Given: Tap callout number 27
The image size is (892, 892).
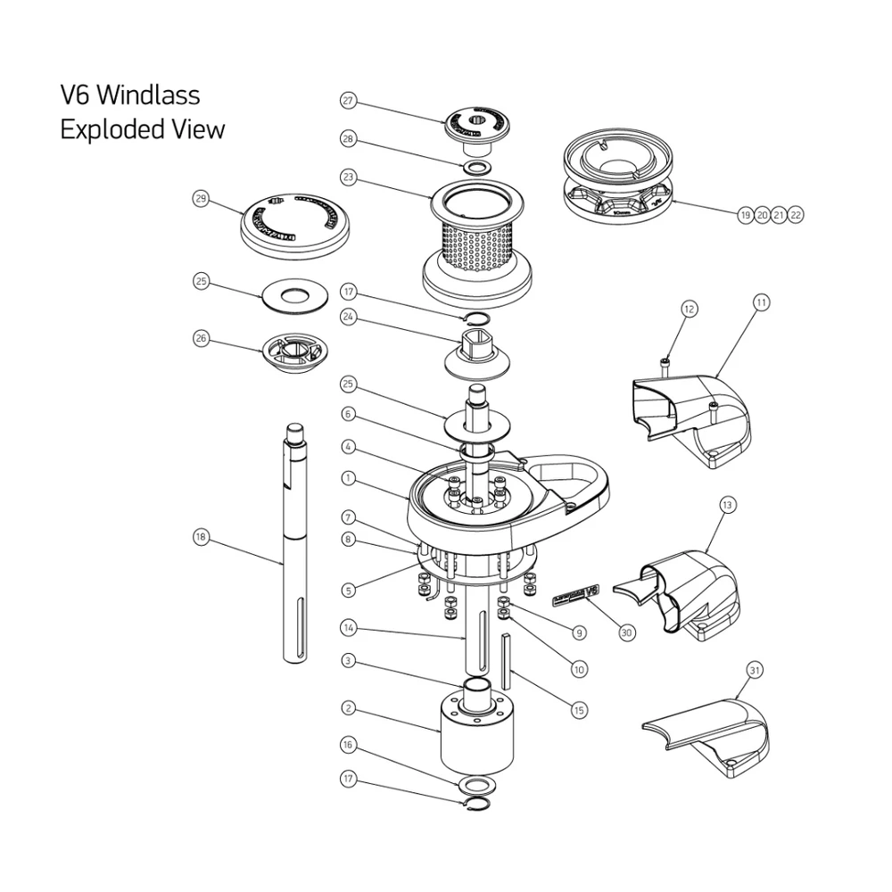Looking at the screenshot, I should point(349,101).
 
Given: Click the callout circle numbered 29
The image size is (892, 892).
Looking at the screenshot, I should point(201,199).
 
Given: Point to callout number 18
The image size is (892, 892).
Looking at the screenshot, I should point(201,536).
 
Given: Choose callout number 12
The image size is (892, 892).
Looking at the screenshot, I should point(689,309).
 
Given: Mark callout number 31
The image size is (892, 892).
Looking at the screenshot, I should point(755,669).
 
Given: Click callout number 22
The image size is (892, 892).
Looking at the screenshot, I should point(794,215).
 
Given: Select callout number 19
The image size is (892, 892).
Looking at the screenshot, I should point(745,215).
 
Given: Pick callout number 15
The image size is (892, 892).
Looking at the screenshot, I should point(579,710).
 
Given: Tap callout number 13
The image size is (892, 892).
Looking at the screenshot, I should point(727,506).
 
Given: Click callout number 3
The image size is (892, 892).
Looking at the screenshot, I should point(349,661).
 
